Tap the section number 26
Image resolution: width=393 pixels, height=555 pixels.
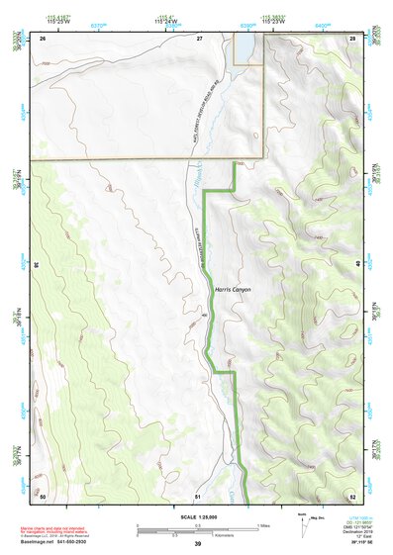click(44, 38)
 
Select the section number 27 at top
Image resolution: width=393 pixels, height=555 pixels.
click(199, 38)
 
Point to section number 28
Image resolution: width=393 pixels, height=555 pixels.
click(353, 38)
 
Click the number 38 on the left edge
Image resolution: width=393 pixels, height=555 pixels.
click(36, 264)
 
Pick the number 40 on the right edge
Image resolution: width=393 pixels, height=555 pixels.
click(358, 264)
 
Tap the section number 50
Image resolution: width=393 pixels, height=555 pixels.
click(44, 495)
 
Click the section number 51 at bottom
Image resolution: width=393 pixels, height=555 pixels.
click(198, 495)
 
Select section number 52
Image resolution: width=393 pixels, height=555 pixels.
click(353, 495)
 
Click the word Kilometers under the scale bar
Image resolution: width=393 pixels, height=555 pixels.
click(204, 535)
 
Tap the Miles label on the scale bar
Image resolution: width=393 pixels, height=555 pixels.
click(264, 524)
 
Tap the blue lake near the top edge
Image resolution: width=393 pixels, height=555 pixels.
click(242, 47)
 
